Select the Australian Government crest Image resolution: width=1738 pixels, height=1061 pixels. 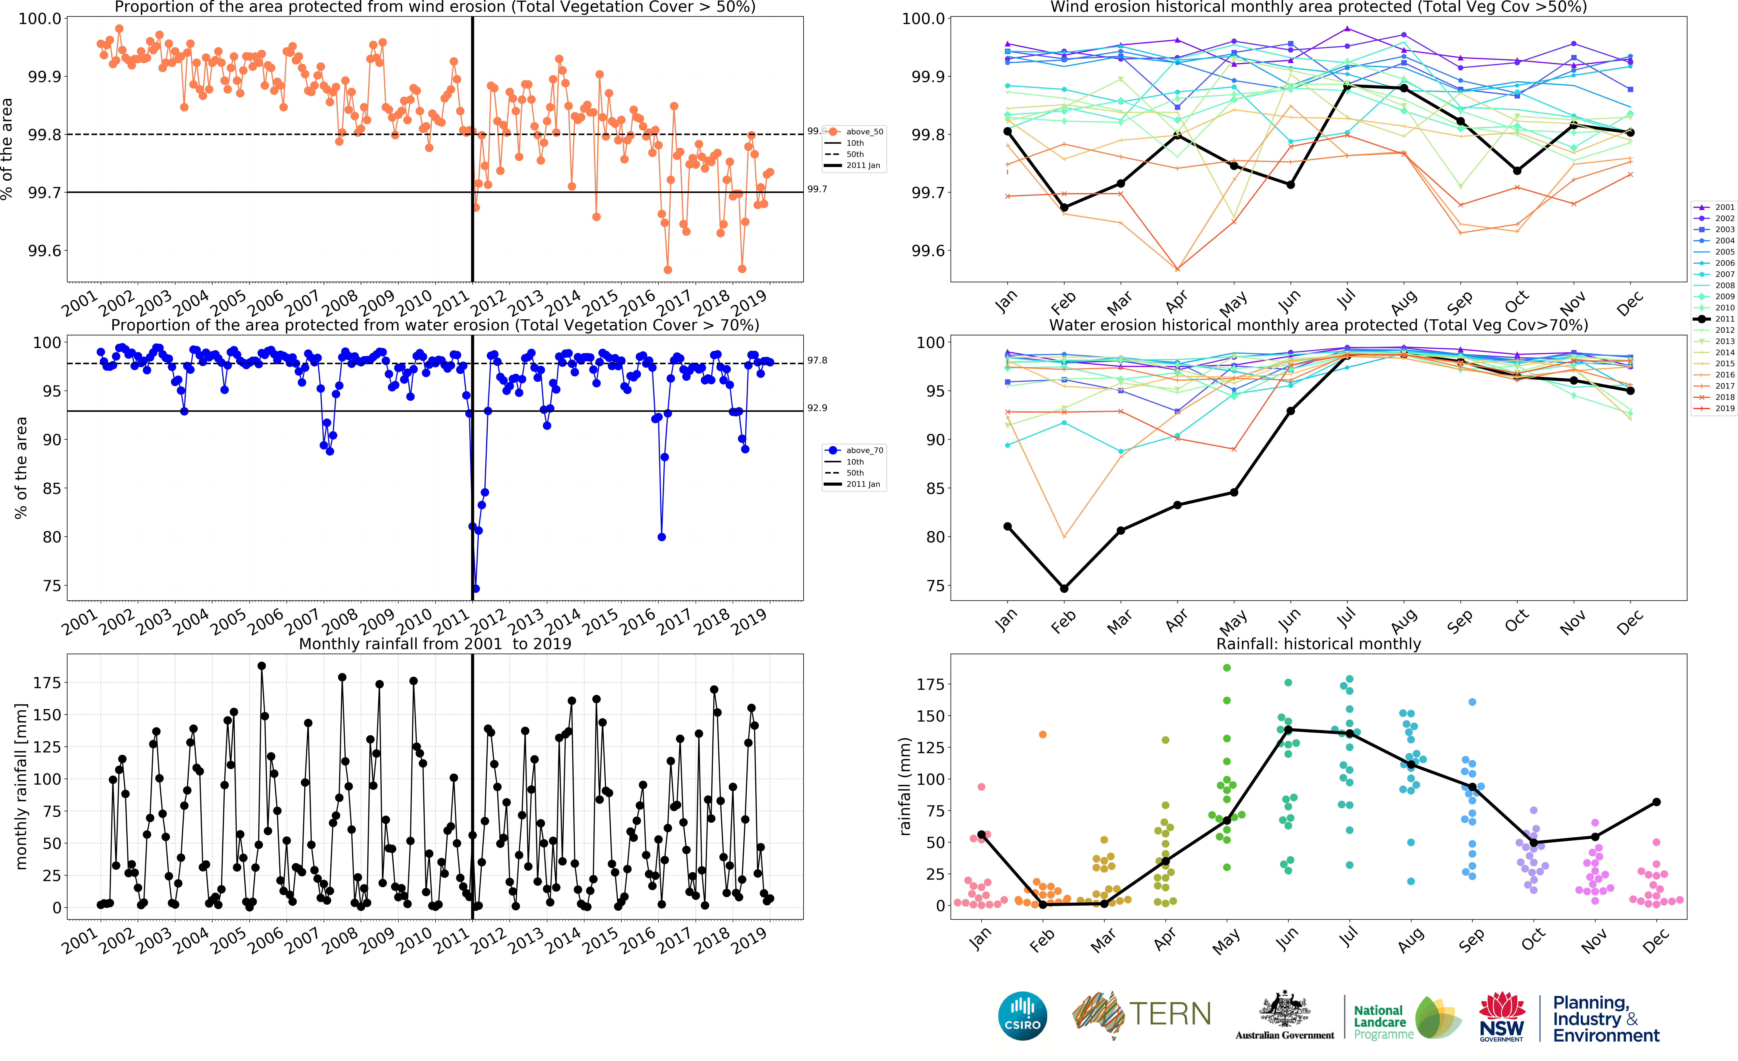click(1284, 1010)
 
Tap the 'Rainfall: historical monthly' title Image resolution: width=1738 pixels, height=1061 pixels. click(1318, 644)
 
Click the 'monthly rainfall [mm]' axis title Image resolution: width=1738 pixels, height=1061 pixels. click(21, 786)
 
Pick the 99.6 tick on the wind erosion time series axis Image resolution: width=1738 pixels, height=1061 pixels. click(44, 251)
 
